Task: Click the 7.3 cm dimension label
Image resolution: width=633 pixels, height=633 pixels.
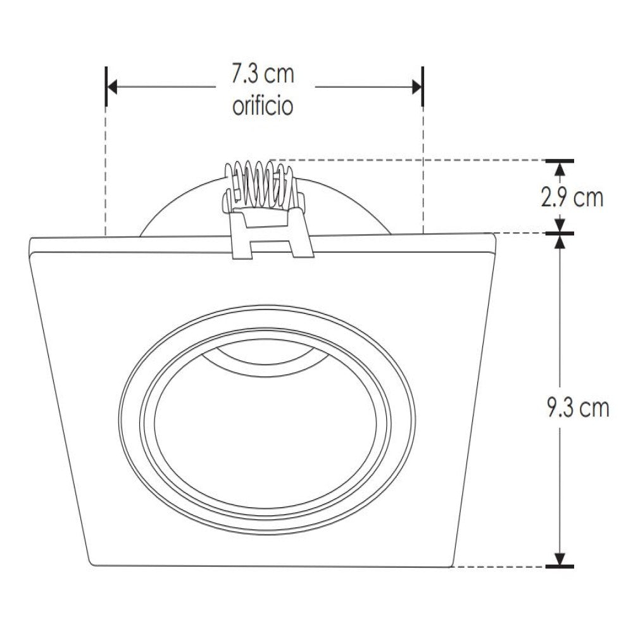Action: pos(263,75)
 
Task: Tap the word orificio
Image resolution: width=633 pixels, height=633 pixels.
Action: pos(263,106)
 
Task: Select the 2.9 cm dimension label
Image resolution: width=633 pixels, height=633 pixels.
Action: pos(572,198)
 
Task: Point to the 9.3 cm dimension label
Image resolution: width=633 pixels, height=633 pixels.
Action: pos(577,408)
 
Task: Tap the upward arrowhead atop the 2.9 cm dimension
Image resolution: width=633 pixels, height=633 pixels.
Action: pos(560,168)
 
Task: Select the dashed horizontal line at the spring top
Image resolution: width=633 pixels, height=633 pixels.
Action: pos(411,160)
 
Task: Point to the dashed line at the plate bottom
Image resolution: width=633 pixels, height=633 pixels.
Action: pos(500,566)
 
